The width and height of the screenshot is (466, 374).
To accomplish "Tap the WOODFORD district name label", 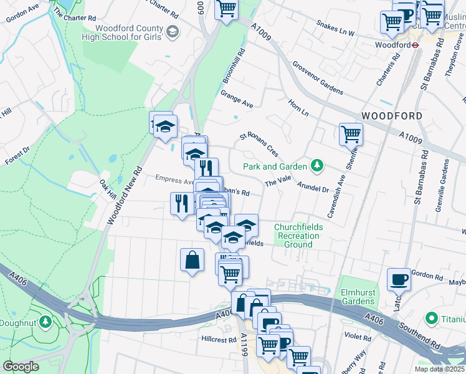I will coord(391,117).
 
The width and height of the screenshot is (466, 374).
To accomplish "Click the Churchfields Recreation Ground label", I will coord(298,236).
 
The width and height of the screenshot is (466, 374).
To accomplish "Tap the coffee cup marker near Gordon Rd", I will coord(399,279).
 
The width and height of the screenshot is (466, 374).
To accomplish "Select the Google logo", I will coord(21,367).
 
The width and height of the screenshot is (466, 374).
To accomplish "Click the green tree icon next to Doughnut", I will coord(45,322).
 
